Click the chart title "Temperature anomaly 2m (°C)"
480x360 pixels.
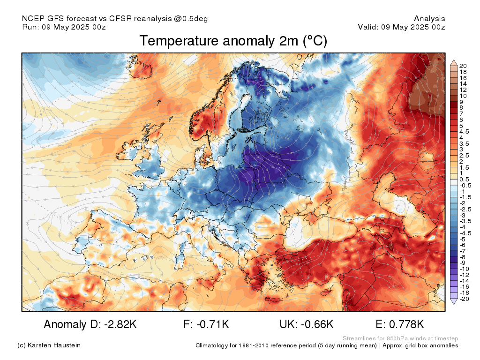(233, 41)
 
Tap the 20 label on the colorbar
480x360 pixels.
(463, 66)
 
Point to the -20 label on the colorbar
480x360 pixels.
(464, 299)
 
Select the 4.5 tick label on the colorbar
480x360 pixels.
(464, 132)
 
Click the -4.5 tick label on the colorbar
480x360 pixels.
(465, 233)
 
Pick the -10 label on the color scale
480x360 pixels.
(464, 269)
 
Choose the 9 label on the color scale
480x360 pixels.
(461, 102)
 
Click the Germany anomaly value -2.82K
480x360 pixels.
(120, 324)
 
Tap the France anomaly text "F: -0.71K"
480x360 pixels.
(206, 324)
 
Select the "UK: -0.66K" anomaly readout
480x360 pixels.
(307, 324)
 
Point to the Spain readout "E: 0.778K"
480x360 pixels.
(400, 324)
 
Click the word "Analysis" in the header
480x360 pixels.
(429, 19)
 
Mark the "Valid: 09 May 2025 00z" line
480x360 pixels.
(401, 27)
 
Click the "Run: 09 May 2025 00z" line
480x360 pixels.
(64, 27)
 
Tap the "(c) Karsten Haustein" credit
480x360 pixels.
(49, 345)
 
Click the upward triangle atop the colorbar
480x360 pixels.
(454, 63)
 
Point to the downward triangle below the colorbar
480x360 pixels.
(454, 301)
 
